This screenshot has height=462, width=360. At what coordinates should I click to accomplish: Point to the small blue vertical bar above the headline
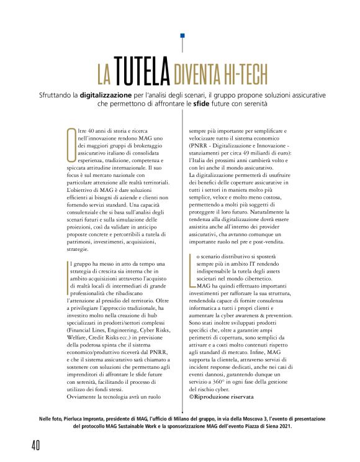(x=182, y=43)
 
